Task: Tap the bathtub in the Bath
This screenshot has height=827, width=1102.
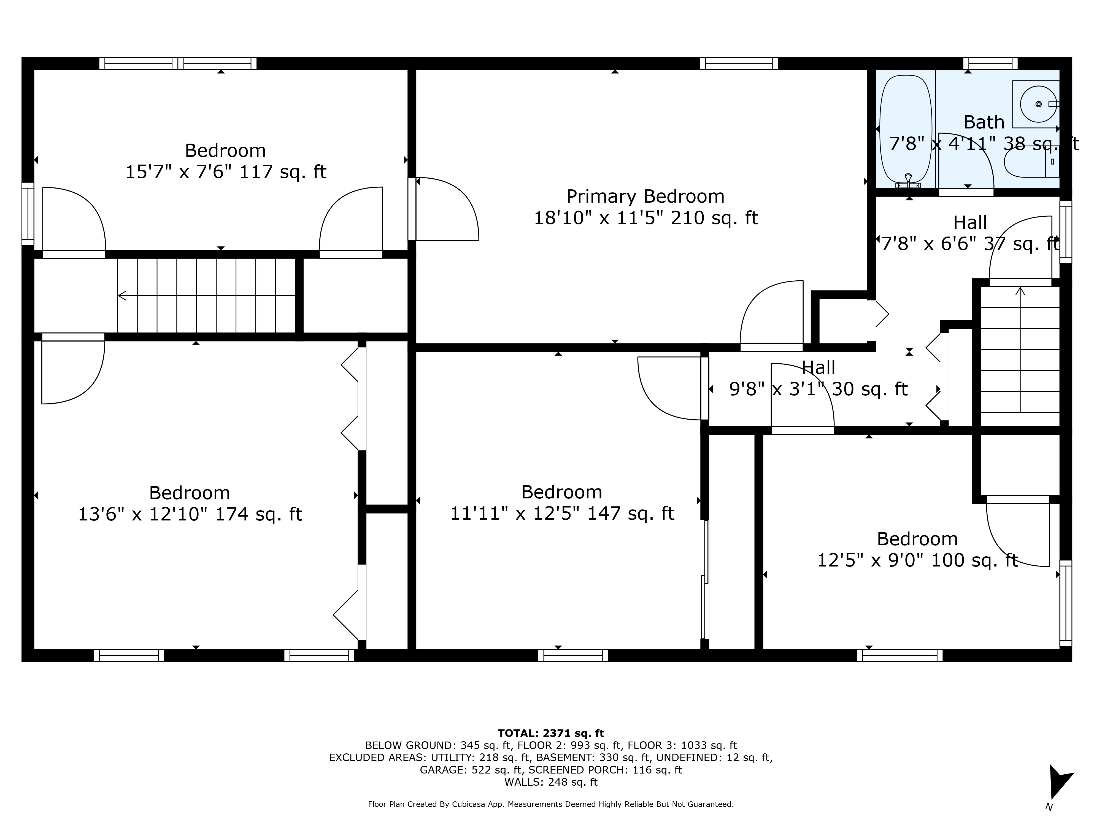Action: click(905, 131)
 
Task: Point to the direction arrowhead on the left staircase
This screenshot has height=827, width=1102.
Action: click(122, 296)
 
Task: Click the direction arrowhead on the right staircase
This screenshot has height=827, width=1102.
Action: click(1020, 291)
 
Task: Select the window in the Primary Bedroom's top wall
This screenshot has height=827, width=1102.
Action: click(739, 64)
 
